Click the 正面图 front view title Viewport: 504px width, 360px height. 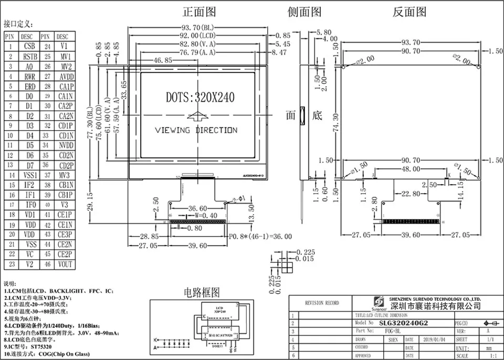pos(199,12)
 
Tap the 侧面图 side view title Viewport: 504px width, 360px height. pos(304,12)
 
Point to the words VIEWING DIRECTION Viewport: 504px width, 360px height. pos(196,130)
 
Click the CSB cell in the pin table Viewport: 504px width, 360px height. pos(29,47)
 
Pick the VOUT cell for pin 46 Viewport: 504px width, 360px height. pos(66,264)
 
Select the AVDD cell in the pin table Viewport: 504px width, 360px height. pos(66,77)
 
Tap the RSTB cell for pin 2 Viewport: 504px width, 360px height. pos(29,57)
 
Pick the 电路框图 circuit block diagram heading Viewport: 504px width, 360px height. pos(202,292)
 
